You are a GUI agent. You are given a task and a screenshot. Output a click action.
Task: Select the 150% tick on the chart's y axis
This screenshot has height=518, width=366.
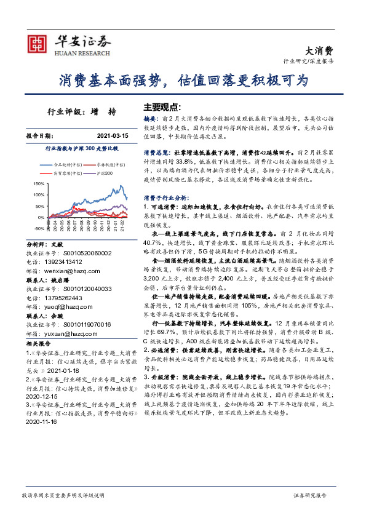pyautogui.click(x=39, y=183)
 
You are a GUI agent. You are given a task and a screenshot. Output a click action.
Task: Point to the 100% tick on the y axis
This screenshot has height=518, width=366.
pyautogui.click(x=39, y=194)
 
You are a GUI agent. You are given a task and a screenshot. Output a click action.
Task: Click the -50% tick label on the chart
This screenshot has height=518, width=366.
pyautogui.click(x=39, y=228)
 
